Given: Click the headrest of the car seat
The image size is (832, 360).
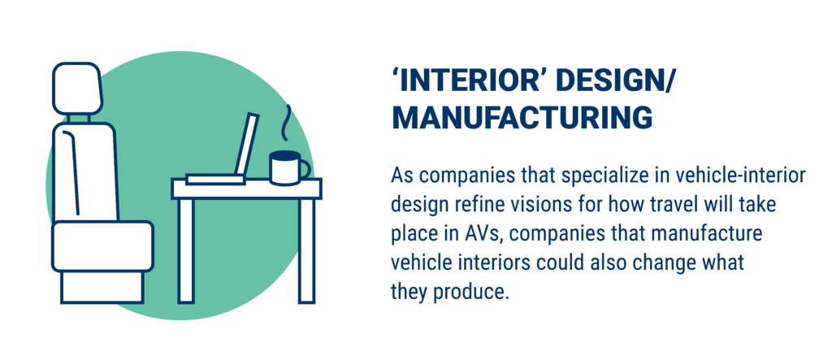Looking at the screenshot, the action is point(77,88).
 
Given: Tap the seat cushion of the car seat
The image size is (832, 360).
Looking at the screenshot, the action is point(102,246).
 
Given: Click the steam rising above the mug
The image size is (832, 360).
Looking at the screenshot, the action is point(287,123).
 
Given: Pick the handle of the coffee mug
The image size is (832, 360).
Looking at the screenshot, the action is point(305,169).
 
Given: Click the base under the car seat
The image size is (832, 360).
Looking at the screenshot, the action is point(102,287).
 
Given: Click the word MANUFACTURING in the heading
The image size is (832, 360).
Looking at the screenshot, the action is point(522,118).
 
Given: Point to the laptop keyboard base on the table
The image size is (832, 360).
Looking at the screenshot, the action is point(215,180).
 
